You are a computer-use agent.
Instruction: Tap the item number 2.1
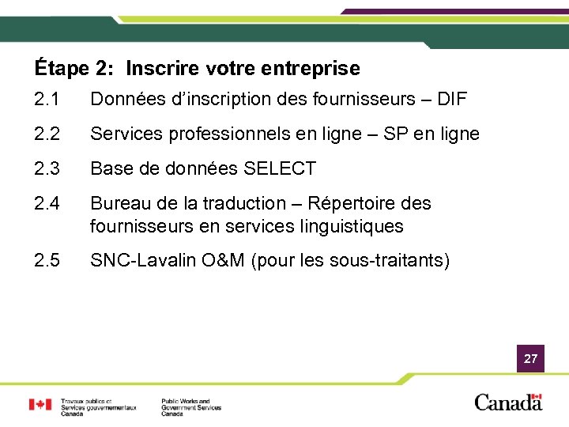click(x=47, y=100)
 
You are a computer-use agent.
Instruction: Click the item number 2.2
click(x=47, y=134)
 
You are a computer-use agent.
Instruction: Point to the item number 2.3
click(x=47, y=168)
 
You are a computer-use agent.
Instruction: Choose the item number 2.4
click(x=47, y=203)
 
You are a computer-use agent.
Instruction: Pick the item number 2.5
click(x=47, y=261)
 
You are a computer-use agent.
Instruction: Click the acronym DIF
click(x=450, y=100)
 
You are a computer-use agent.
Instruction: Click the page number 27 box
click(x=530, y=359)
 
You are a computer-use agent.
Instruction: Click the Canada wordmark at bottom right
click(x=508, y=402)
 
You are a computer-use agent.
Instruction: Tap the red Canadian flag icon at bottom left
click(x=40, y=404)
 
